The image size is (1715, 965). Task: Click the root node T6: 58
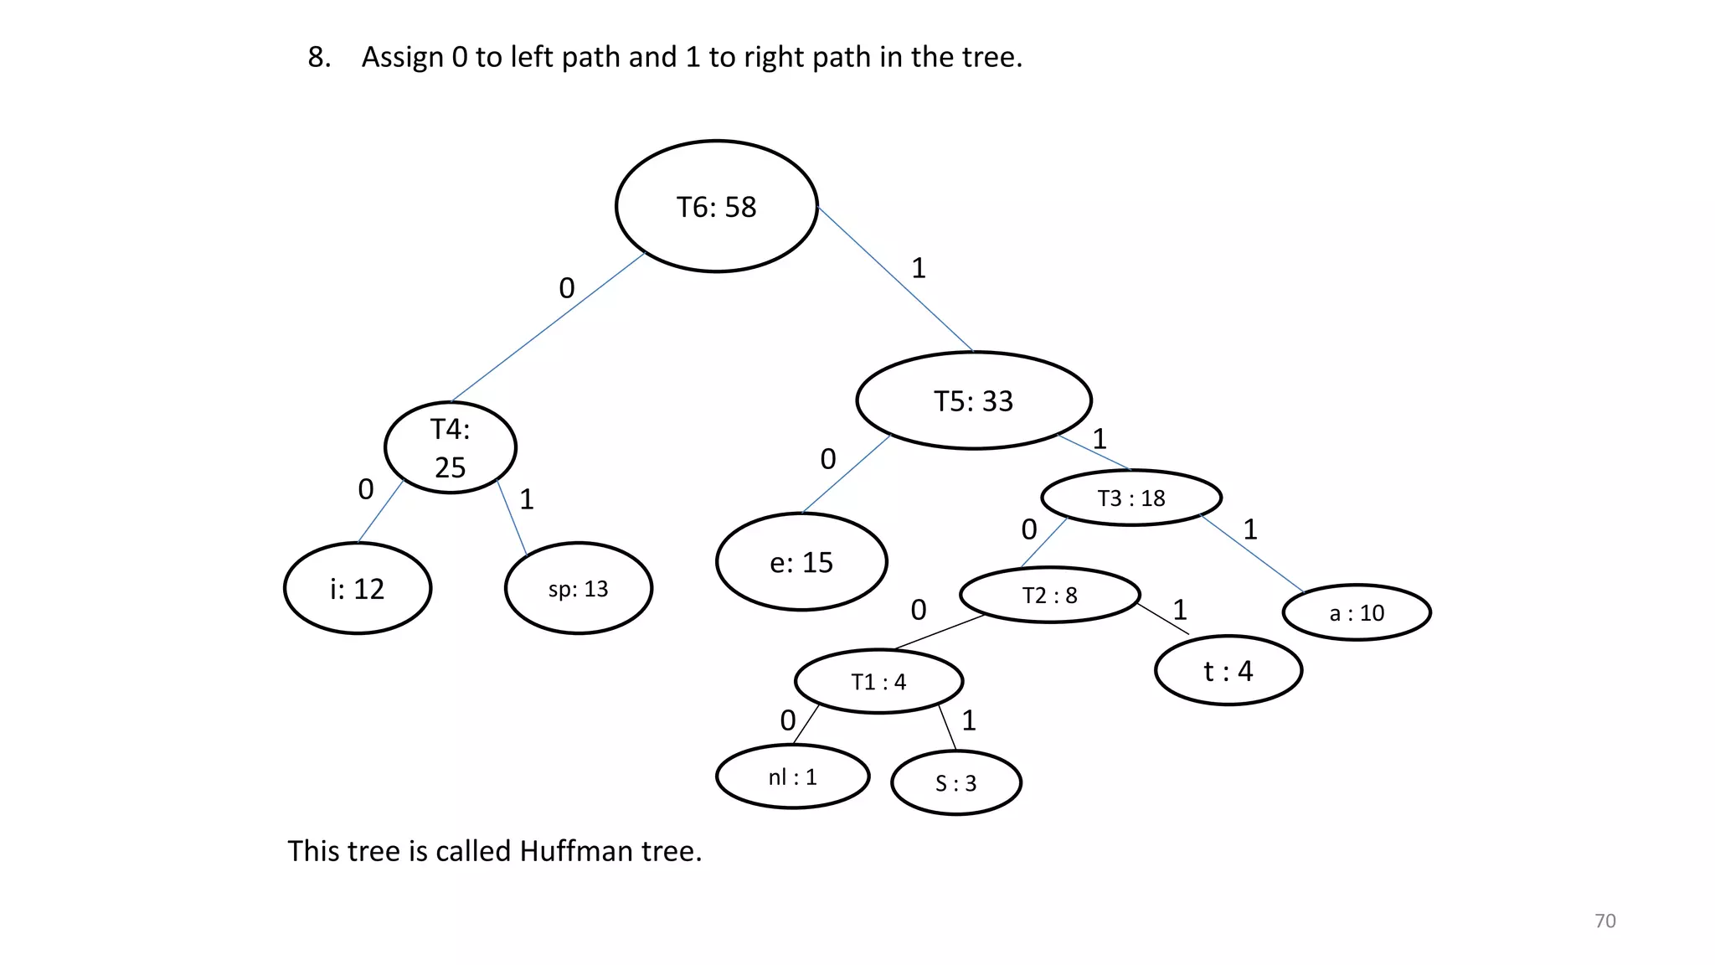pyautogui.click(x=716, y=206)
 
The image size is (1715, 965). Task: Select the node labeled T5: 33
pyautogui.click(x=973, y=400)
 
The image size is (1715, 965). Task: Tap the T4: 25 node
pyautogui.click(x=450, y=447)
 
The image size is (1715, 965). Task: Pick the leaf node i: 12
pyautogui.click(x=358, y=588)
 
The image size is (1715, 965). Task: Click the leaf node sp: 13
pyautogui.click(x=578, y=588)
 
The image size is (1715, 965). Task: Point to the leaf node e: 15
pyautogui.click(x=801, y=561)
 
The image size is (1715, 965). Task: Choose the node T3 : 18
pyautogui.click(x=1131, y=498)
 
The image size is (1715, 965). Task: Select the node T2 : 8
pyautogui.click(x=1049, y=595)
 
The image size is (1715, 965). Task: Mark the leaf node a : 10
pyautogui.click(x=1357, y=612)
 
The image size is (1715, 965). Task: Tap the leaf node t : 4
pyautogui.click(x=1228, y=670)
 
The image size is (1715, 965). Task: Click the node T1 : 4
pyautogui.click(x=878, y=681)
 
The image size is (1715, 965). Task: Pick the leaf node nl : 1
pyautogui.click(x=792, y=777)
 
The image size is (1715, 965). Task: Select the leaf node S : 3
pyautogui.click(x=955, y=782)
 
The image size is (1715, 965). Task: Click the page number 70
pyautogui.click(x=1604, y=921)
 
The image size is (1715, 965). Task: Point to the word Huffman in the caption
pyautogui.click(x=576, y=851)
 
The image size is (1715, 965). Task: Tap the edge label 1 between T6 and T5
pyautogui.click(x=919, y=268)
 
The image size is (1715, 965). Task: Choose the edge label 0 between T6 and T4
pyautogui.click(x=567, y=288)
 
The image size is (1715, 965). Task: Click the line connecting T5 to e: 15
pyautogui.click(x=846, y=474)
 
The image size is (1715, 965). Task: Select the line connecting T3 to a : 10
pyautogui.click(x=1252, y=554)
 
